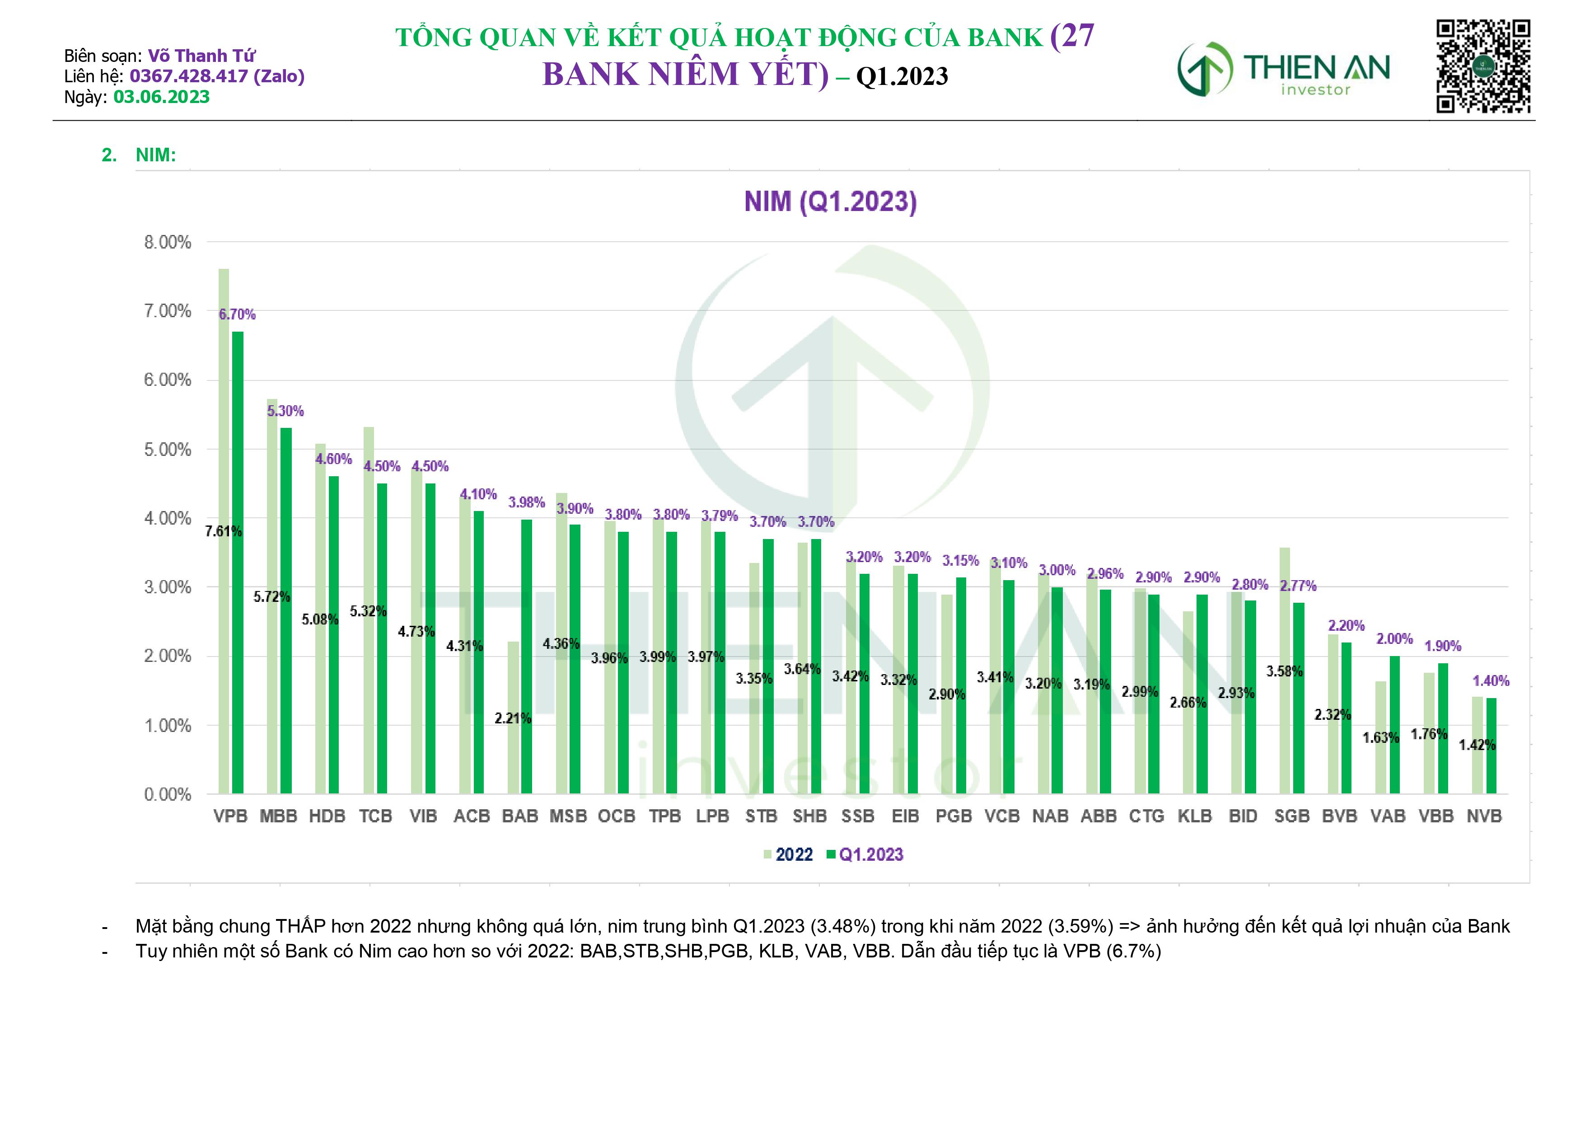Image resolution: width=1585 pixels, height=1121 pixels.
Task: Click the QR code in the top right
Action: pyautogui.click(x=1483, y=66)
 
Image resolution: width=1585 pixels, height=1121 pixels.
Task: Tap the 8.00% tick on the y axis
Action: pyautogui.click(x=167, y=243)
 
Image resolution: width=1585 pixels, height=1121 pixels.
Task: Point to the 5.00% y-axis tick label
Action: pyautogui.click(x=167, y=450)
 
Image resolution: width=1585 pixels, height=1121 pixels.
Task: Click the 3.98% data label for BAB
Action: pyautogui.click(x=526, y=502)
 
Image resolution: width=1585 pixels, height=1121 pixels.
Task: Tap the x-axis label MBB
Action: pyautogui.click(x=278, y=816)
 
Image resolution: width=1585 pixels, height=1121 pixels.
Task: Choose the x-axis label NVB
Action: pyautogui.click(x=1484, y=816)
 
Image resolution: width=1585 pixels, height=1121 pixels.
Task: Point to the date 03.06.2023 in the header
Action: pyautogui.click(x=162, y=97)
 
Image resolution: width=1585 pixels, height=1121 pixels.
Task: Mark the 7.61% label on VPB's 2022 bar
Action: pyautogui.click(x=224, y=531)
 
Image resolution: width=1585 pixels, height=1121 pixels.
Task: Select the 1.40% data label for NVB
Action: pyautogui.click(x=1491, y=681)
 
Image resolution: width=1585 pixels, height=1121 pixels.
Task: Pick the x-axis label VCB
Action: pyautogui.click(x=1002, y=816)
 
